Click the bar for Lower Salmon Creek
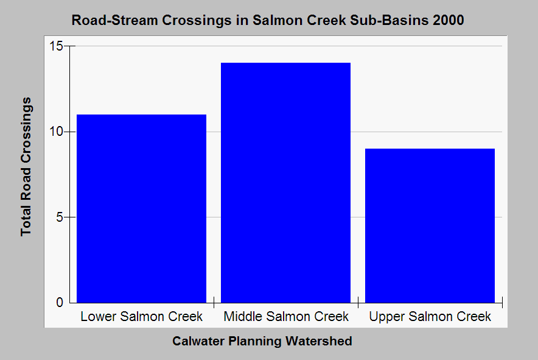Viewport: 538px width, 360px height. (x=141, y=209)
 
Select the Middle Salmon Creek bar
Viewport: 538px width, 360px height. (x=285, y=183)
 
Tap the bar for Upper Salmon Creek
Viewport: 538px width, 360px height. (x=430, y=226)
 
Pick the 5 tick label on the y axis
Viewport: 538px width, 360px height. (x=60, y=217)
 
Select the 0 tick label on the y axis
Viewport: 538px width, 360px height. (x=60, y=302)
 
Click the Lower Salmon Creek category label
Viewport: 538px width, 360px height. (x=141, y=316)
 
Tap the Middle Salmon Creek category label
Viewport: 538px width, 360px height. (x=286, y=316)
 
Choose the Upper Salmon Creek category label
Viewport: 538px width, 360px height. (x=430, y=316)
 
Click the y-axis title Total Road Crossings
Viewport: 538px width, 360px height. (x=26, y=167)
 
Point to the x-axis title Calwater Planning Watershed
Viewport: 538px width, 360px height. (x=262, y=341)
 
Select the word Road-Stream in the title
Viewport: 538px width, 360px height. (x=114, y=20)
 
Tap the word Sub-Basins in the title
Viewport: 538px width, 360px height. (x=390, y=20)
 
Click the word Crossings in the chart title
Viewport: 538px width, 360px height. (x=197, y=20)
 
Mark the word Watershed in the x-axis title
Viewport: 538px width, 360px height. (x=319, y=341)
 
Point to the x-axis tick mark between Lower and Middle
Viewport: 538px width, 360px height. (x=214, y=302)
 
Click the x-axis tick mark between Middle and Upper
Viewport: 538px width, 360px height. (x=358, y=302)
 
